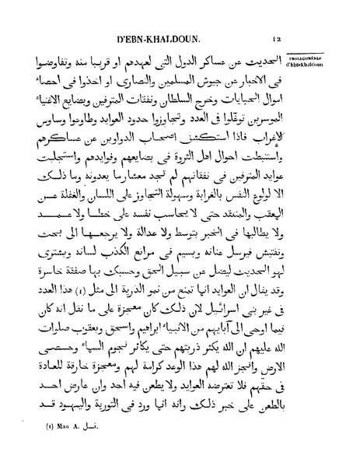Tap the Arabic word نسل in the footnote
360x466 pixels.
point(87,448)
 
